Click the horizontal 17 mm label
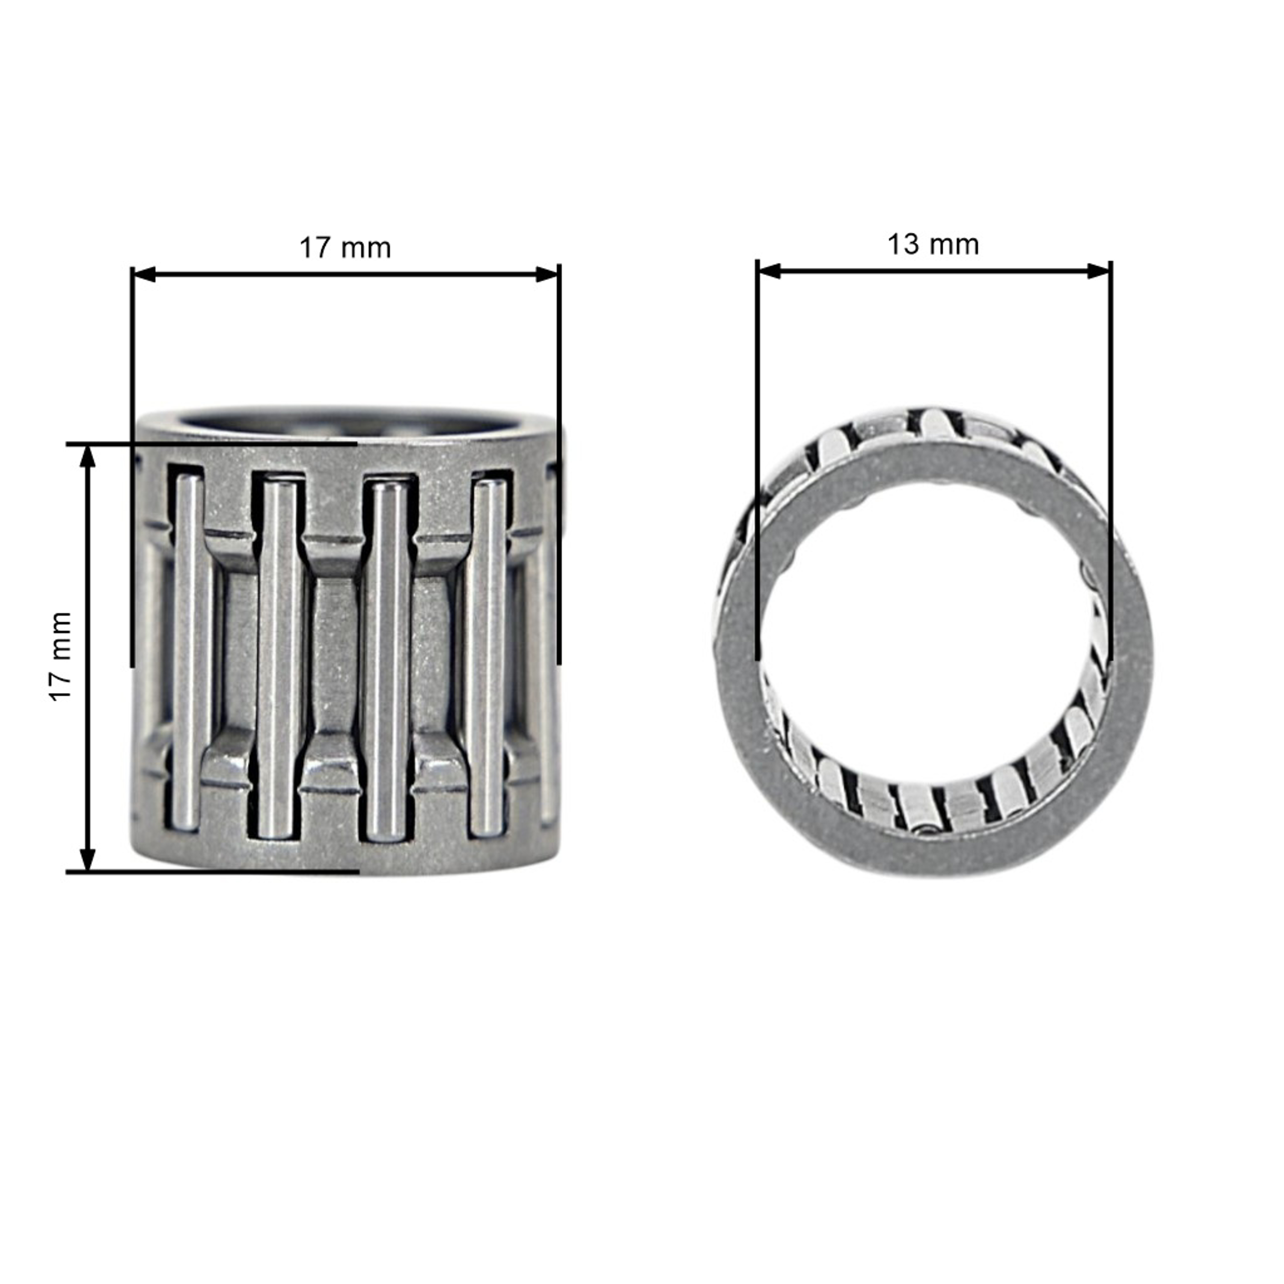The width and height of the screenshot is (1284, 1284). point(345,248)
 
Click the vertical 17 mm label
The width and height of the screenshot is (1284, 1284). point(60,656)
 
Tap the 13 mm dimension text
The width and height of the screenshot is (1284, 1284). point(933,244)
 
